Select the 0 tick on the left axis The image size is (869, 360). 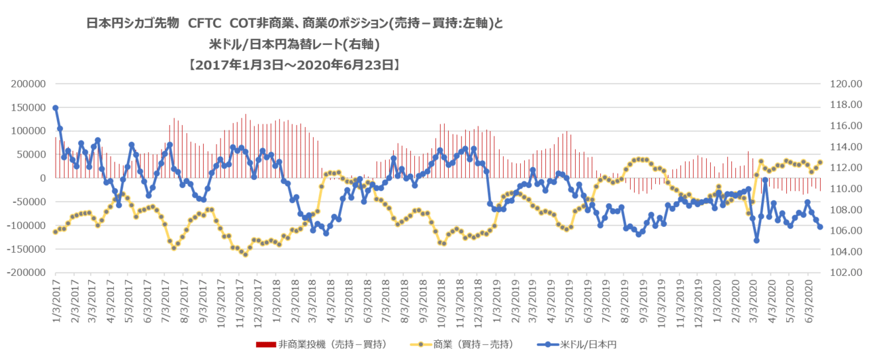tap(42, 178)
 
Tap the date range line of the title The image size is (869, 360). tap(292, 66)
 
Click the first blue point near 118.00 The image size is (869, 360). tap(55, 108)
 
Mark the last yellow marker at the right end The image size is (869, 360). tap(820, 162)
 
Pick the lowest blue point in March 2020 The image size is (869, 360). tap(756, 240)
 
